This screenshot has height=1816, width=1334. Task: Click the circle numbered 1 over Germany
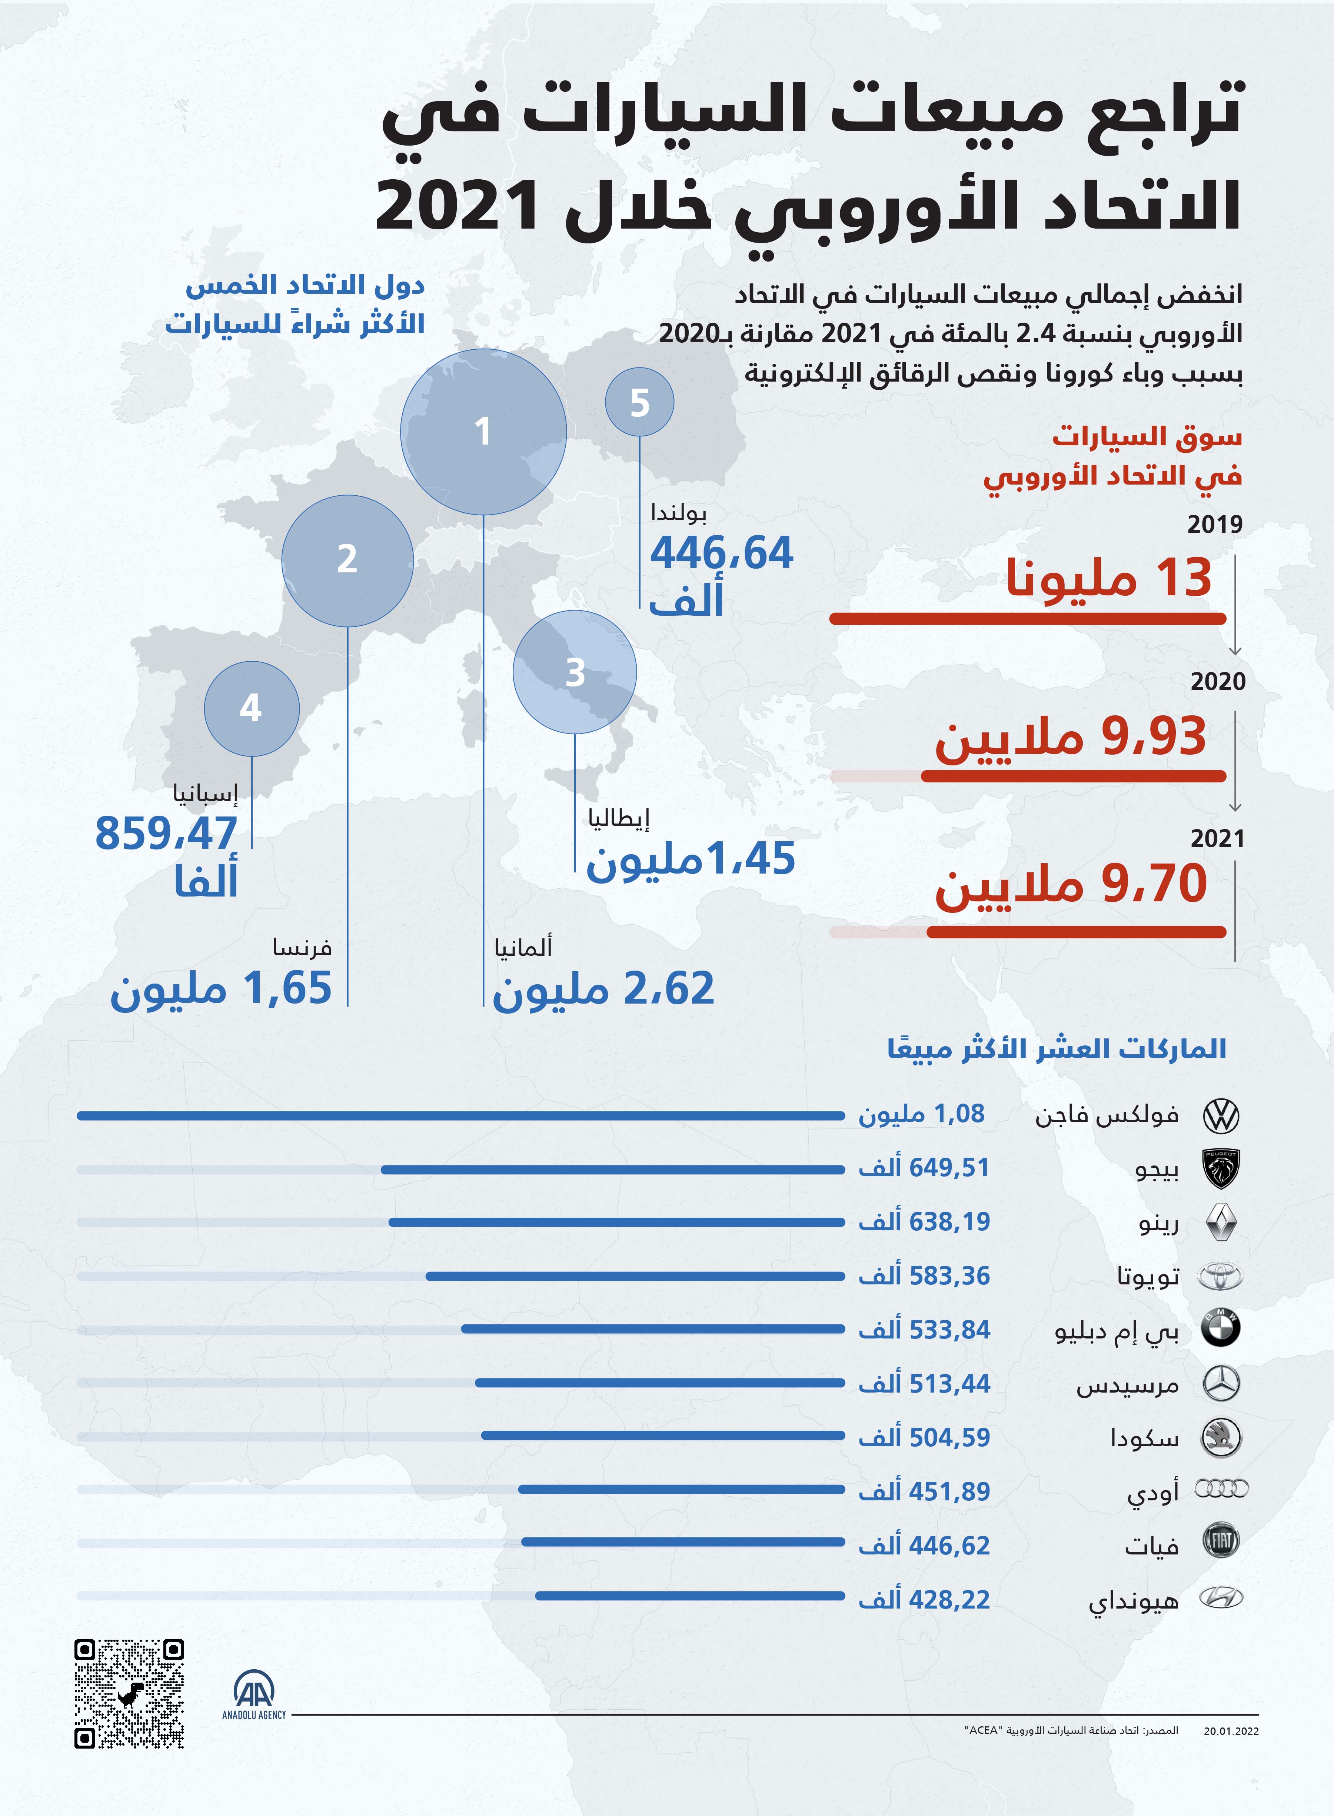tap(483, 431)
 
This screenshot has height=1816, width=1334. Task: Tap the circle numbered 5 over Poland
tap(639, 402)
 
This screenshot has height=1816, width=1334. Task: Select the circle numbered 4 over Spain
tap(251, 708)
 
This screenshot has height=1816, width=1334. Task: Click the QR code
tap(129, 1693)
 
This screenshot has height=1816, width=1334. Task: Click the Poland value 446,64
tap(721, 554)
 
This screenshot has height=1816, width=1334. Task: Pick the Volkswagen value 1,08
tap(958, 1114)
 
